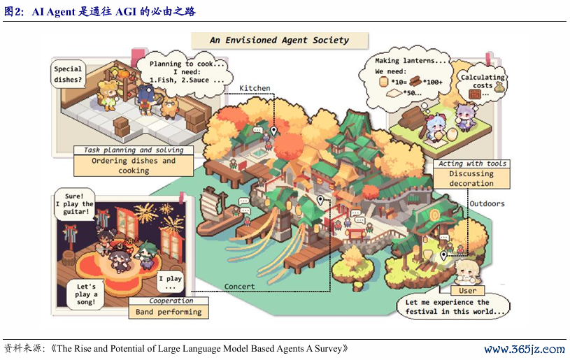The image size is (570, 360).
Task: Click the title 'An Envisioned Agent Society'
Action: click(x=280, y=40)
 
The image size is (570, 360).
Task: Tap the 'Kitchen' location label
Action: click(x=255, y=88)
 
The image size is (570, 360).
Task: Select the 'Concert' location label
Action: click(x=239, y=287)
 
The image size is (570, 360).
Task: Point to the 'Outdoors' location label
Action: click(x=487, y=204)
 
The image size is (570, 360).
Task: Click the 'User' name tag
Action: click(x=467, y=291)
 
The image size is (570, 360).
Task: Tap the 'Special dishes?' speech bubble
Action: click(x=68, y=74)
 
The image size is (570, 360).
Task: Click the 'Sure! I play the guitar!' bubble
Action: click(x=75, y=204)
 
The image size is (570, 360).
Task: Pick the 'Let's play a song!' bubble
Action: click(x=86, y=294)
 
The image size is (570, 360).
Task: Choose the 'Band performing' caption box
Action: click(x=169, y=312)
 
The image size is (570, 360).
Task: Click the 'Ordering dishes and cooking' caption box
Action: click(x=134, y=166)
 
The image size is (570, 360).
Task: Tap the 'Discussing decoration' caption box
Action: click(x=471, y=178)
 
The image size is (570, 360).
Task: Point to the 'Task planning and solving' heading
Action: click(x=134, y=150)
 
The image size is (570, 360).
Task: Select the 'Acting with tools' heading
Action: click(x=472, y=164)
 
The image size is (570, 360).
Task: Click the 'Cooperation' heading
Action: click(x=171, y=301)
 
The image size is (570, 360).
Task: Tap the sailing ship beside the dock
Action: click(x=215, y=211)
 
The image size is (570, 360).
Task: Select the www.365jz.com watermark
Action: click(x=525, y=350)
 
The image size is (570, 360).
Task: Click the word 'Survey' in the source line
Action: click(x=328, y=349)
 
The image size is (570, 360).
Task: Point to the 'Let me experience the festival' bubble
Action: click(x=453, y=307)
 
